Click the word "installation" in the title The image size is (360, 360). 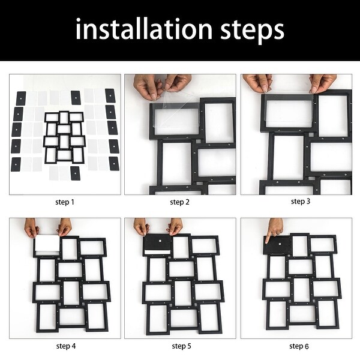click(x=144, y=29)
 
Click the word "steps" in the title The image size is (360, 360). click(x=253, y=31)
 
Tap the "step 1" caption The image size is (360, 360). click(x=65, y=202)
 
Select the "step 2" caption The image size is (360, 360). click(x=180, y=202)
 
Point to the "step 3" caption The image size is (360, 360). click(x=301, y=202)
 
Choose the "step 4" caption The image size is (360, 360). click(x=66, y=346)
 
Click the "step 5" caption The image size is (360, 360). click(x=181, y=346)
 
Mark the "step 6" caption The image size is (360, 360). click(x=299, y=346)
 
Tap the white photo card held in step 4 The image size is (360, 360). click(x=47, y=244)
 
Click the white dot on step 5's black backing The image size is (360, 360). click(x=160, y=241)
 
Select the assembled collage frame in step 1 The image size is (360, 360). click(x=64, y=137)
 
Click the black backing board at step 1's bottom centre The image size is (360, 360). click(x=76, y=173)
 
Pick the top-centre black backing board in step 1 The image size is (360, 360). click(x=76, y=98)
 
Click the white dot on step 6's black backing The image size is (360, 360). click(x=280, y=244)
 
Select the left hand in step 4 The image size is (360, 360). click(x=31, y=228)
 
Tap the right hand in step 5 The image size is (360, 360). click(x=175, y=226)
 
